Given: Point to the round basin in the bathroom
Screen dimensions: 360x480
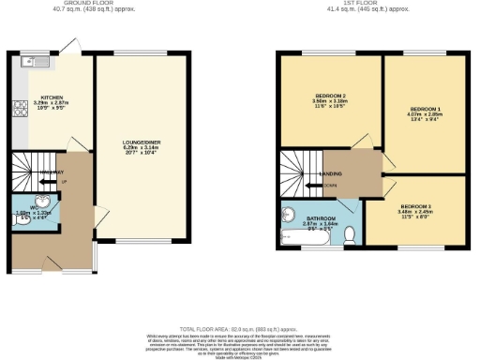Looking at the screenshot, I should [x=290, y=213].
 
